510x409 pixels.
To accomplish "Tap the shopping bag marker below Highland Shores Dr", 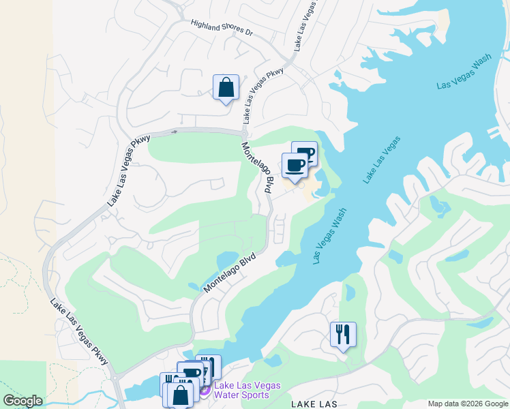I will point(226,88).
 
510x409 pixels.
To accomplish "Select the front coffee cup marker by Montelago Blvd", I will point(295,166).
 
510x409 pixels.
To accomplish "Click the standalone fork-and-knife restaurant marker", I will point(343,335).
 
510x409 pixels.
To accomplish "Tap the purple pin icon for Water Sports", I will point(204,390).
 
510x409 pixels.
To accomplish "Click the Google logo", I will point(22,401).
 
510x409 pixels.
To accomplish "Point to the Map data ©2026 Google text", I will point(467,404).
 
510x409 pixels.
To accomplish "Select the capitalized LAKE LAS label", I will point(314,404).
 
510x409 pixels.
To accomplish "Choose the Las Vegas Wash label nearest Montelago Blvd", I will point(329,237).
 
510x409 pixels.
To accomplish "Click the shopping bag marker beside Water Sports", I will point(181,395).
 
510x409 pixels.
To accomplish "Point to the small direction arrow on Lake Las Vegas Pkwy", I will point(175,131).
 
